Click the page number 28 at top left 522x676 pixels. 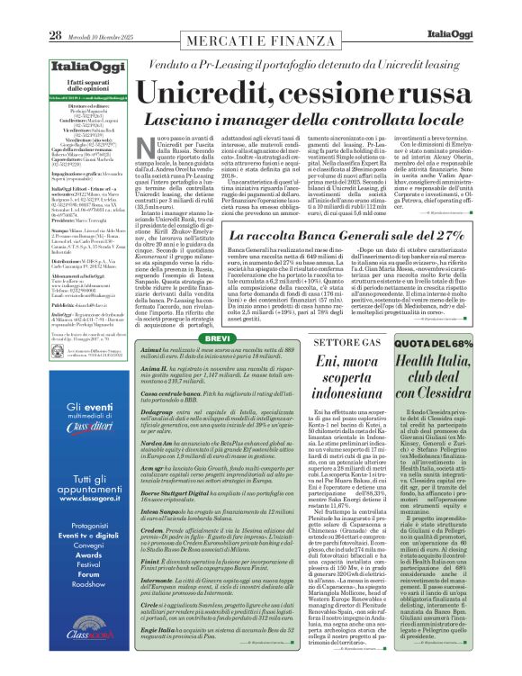pyautogui.click(x=55, y=10)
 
